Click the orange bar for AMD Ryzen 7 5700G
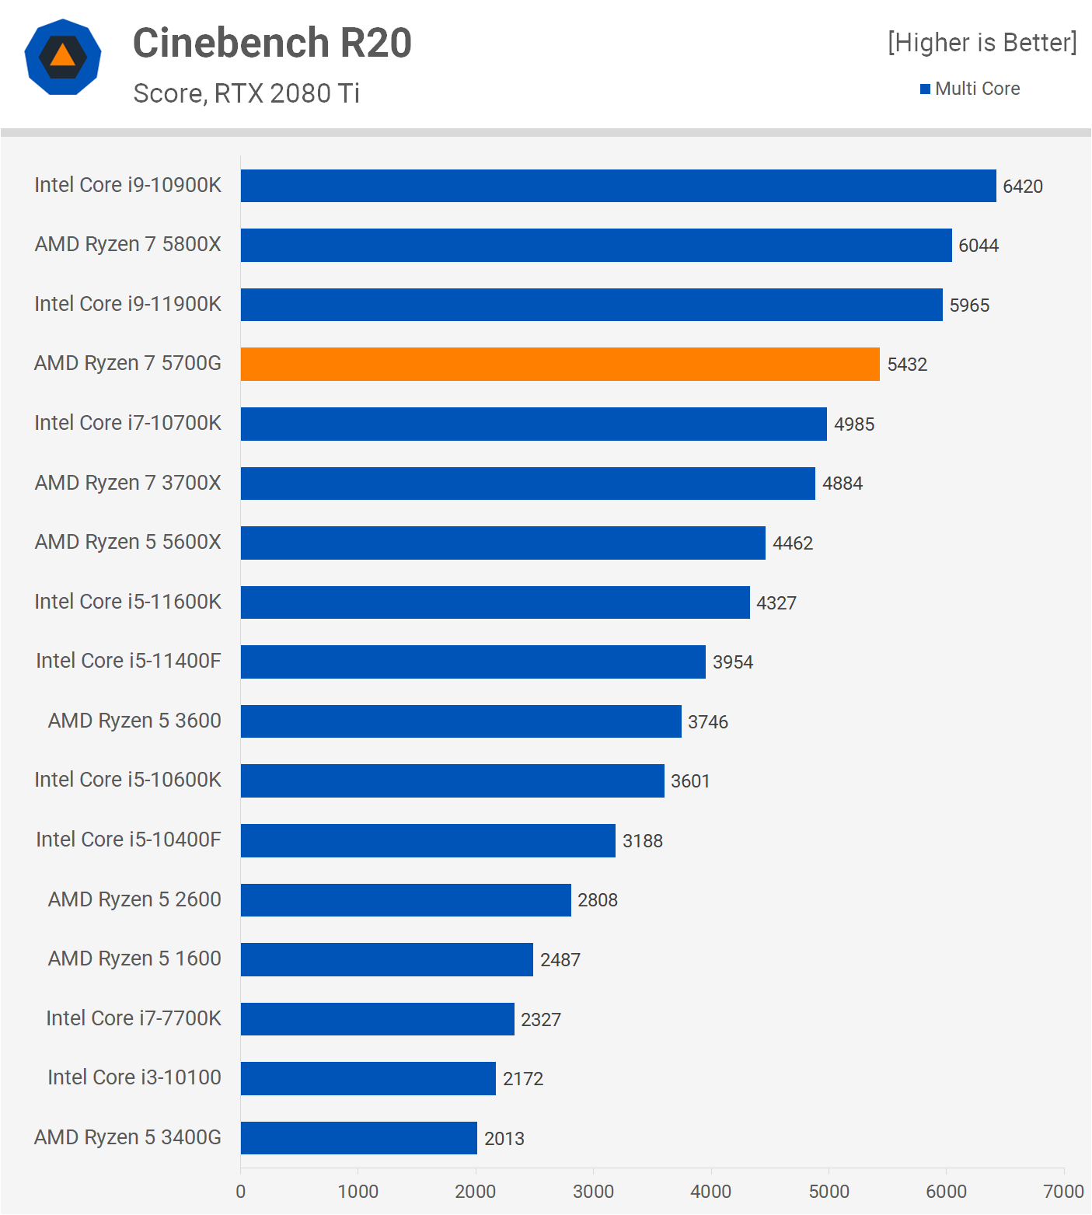[560, 364]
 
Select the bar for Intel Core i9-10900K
[618, 186]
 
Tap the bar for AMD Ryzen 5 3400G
[358, 1138]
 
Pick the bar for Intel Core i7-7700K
[377, 1019]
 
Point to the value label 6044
[979, 246]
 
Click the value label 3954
[733, 662]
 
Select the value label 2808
[598, 900]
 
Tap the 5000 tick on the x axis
[829, 1191]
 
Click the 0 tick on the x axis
[241, 1191]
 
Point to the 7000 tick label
[1063, 1191]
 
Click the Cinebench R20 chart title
[272, 43]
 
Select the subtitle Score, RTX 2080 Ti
[246, 93]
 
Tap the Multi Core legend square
[925, 89]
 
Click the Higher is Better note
[982, 43]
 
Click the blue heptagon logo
[63, 57]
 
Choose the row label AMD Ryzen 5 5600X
[128, 542]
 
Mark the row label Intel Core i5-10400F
[128, 840]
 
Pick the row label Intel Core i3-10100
[134, 1077]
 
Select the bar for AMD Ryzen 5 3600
[461, 721]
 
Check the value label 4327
[776, 603]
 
